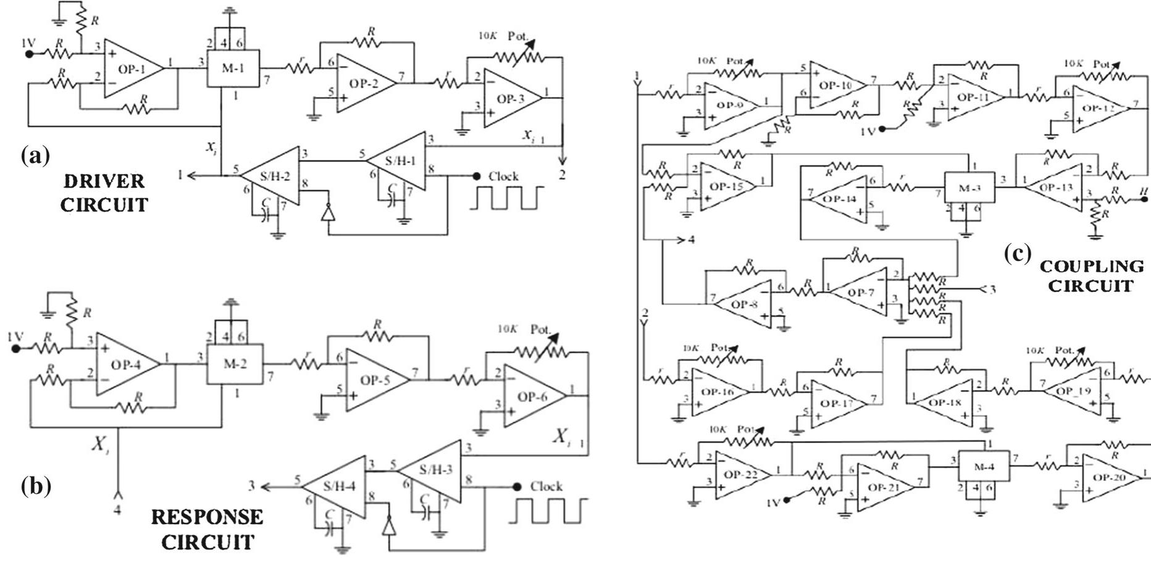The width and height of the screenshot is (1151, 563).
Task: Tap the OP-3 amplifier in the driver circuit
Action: point(509,99)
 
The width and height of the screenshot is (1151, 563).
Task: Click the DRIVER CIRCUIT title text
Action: point(104,193)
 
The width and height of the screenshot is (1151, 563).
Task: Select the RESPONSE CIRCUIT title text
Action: point(207,529)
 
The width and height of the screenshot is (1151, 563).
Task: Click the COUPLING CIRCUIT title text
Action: point(1091,276)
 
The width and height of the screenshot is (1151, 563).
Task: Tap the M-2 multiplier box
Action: point(234,364)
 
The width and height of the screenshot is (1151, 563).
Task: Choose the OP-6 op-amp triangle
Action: point(531,396)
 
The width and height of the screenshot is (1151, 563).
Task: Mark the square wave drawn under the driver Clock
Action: point(507,198)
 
